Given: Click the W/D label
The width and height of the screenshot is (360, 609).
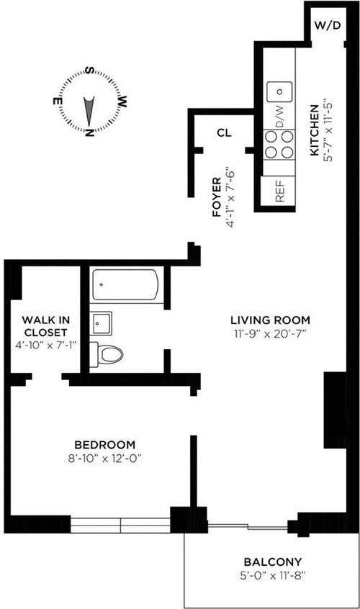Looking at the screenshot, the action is click(328, 26).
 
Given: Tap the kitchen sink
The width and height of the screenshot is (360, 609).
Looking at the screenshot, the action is click(279, 91).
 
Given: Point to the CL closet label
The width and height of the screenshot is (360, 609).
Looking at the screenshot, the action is click(224, 133).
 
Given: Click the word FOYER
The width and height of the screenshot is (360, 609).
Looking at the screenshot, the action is click(217, 197).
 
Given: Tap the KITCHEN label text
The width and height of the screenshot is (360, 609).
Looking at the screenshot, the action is click(314, 130).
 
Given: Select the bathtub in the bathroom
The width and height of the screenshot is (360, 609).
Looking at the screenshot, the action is click(125, 284).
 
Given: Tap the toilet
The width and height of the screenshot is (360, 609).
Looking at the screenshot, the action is click(106, 354).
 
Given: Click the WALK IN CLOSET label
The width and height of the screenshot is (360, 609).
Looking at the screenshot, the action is click(46, 326).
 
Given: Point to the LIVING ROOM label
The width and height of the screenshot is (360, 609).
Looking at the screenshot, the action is click(271, 320).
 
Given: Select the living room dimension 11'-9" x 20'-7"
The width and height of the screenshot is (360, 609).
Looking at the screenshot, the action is click(271, 334).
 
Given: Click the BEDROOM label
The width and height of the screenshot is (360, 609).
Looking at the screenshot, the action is click(105, 444).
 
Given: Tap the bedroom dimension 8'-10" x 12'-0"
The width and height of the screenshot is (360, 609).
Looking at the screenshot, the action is click(104, 459).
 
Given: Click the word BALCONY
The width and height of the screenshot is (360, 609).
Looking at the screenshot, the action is click(273, 562).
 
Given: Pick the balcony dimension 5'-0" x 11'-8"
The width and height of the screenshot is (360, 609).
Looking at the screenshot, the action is click(273, 576).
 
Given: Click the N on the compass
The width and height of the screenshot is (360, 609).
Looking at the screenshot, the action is click(90, 132).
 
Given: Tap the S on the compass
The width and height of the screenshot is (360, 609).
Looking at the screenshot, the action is click(90, 71).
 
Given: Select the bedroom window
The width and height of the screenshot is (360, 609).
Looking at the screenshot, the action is click(120, 525).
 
